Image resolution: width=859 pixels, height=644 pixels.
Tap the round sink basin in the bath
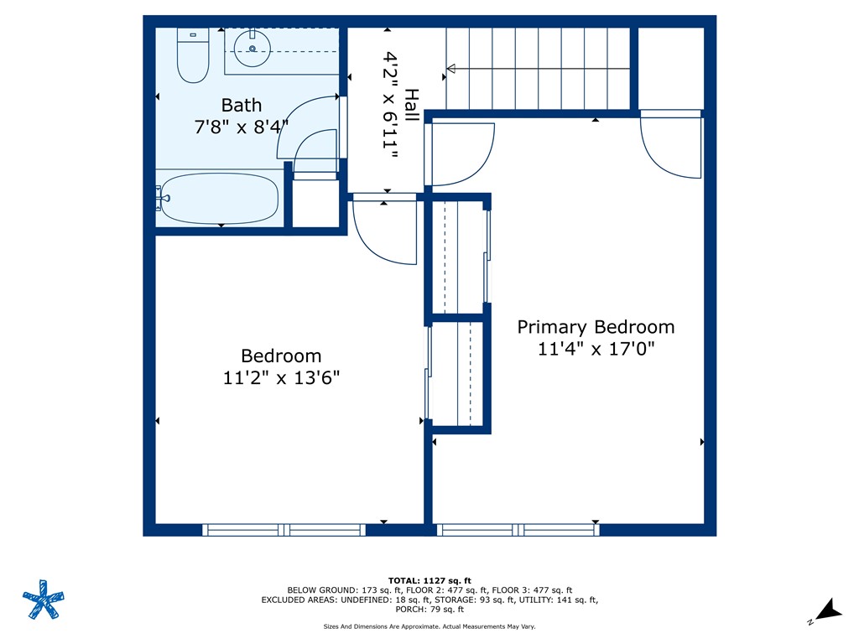(251, 49)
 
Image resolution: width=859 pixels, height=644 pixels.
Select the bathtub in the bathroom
(221, 198)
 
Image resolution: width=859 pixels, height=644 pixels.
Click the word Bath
(242, 106)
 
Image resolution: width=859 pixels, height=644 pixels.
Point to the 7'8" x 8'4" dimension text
(242, 127)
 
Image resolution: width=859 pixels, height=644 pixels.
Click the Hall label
(411, 106)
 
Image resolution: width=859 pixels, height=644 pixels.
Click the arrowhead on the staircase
(450, 69)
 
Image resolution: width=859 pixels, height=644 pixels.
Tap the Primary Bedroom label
(596, 327)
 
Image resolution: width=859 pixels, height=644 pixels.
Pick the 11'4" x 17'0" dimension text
(596, 349)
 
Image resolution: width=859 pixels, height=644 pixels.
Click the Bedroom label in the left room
(281, 356)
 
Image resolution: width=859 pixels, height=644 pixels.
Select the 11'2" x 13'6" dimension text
(281, 377)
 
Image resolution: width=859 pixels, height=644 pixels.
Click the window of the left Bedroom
(284, 529)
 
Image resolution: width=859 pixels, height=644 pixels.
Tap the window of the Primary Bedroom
(518, 529)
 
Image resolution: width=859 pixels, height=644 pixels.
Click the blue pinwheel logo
(43, 600)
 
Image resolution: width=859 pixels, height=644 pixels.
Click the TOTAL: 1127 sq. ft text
(429, 580)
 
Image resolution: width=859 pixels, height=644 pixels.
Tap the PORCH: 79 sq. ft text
(429, 610)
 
